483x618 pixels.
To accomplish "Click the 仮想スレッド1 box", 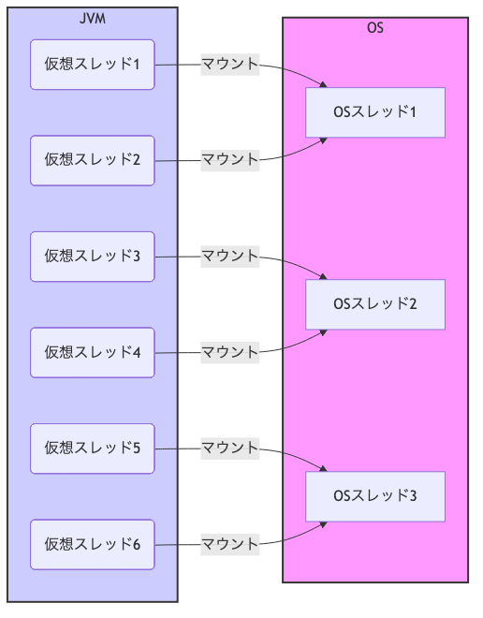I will click(x=92, y=65).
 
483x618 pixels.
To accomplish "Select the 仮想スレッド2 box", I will click(x=92, y=160).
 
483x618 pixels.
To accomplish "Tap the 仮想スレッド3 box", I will click(x=92, y=257).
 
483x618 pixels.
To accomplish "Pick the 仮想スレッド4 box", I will click(x=92, y=353).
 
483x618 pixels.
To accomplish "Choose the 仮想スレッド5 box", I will click(x=92, y=449).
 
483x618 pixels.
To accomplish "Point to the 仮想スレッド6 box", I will click(x=92, y=544).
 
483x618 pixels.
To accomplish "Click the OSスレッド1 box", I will click(x=374, y=112).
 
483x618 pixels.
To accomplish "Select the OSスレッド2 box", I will click(x=374, y=304).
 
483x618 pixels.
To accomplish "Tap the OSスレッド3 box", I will click(x=374, y=496).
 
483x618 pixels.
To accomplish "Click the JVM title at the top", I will click(x=92, y=19).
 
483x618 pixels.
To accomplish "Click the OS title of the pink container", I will click(x=374, y=28).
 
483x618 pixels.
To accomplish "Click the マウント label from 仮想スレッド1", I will click(x=229, y=65).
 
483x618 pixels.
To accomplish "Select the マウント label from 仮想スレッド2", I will click(x=229, y=160).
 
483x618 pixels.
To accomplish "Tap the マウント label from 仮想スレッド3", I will click(x=229, y=257).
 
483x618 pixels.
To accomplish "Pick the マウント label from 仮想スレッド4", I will click(x=229, y=353).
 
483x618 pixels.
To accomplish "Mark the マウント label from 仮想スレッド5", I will click(x=229, y=449).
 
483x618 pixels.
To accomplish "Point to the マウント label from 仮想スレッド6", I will click(x=229, y=544).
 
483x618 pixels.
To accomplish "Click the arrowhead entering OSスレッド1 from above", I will click(x=324, y=84).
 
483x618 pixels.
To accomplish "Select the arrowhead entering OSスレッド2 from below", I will click(x=324, y=332).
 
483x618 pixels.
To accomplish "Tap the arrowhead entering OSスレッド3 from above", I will click(x=324, y=468).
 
